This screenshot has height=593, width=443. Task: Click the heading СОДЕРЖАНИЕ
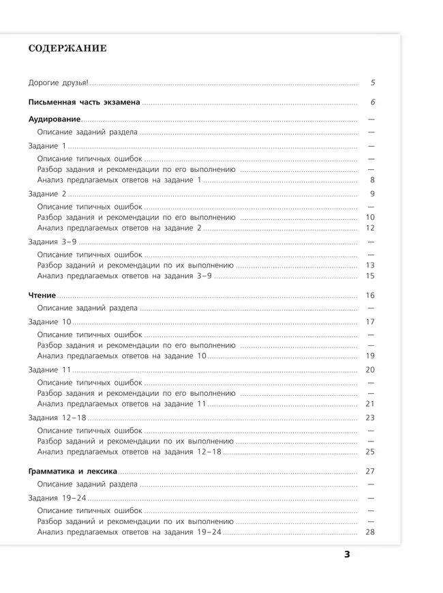coord(67,49)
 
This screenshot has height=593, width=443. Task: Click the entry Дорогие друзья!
coord(58,83)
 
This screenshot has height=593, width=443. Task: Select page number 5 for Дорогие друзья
coord(373,83)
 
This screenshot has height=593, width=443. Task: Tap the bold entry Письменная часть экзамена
coord(84,102)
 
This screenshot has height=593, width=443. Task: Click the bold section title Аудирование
coord(54,120)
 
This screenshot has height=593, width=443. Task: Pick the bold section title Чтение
coord(42,296)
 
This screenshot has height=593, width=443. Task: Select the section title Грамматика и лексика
coord(73,472)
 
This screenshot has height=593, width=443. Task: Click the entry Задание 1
coord(47,147)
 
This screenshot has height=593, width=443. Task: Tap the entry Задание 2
coord(47,194)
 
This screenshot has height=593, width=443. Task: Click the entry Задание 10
coord(49,321)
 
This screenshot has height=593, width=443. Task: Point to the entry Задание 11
coord(49,370)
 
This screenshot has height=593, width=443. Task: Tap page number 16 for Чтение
coord(371,296)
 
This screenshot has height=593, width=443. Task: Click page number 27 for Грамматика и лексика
coord(371,472)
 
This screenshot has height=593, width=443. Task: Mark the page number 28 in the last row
coord(371,532)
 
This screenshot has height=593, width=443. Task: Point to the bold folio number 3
coord(346,555)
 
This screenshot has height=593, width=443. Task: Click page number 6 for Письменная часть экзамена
coord(373,102)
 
